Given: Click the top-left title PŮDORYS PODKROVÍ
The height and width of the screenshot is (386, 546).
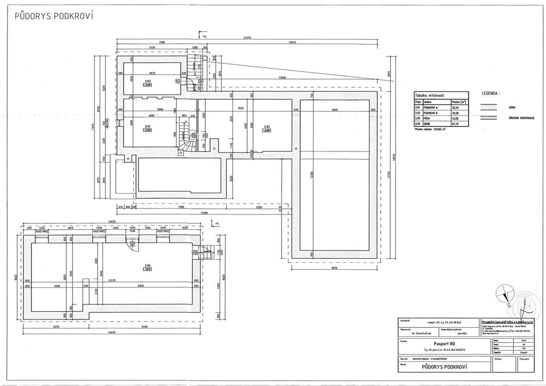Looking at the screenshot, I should pyautogui.click(x=54, y=16).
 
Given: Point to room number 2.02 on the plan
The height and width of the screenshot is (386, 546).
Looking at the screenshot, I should pyautogui.click(x=267, y=127).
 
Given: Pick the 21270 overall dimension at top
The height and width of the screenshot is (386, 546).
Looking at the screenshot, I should pyautogui.click(x=247, y=38).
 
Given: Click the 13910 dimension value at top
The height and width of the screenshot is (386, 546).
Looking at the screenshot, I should pyautogui.click(x=292, y=42).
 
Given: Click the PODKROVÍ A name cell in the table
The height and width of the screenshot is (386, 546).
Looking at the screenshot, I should pyautogui.click(x=431, y=107).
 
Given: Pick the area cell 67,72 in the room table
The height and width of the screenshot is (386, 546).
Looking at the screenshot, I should pyautogui.click(x=456, y=124).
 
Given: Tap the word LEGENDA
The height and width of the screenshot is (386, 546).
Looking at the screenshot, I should pyautogui.click(x=491, y=92).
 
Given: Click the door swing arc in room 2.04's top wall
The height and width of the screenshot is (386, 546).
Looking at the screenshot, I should pyautogui.click(x=130, y=242).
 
